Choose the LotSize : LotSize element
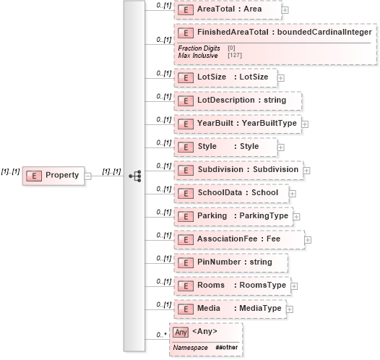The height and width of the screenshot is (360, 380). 224,77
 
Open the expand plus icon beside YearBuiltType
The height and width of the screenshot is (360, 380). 304,124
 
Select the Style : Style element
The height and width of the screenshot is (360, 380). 225,147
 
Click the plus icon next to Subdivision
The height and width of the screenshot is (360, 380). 306,171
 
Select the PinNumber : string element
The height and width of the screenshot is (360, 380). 230,262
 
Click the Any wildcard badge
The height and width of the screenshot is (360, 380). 181,332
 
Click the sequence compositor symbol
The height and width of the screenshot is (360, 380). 134,176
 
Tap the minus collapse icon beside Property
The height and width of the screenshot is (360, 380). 87,176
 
